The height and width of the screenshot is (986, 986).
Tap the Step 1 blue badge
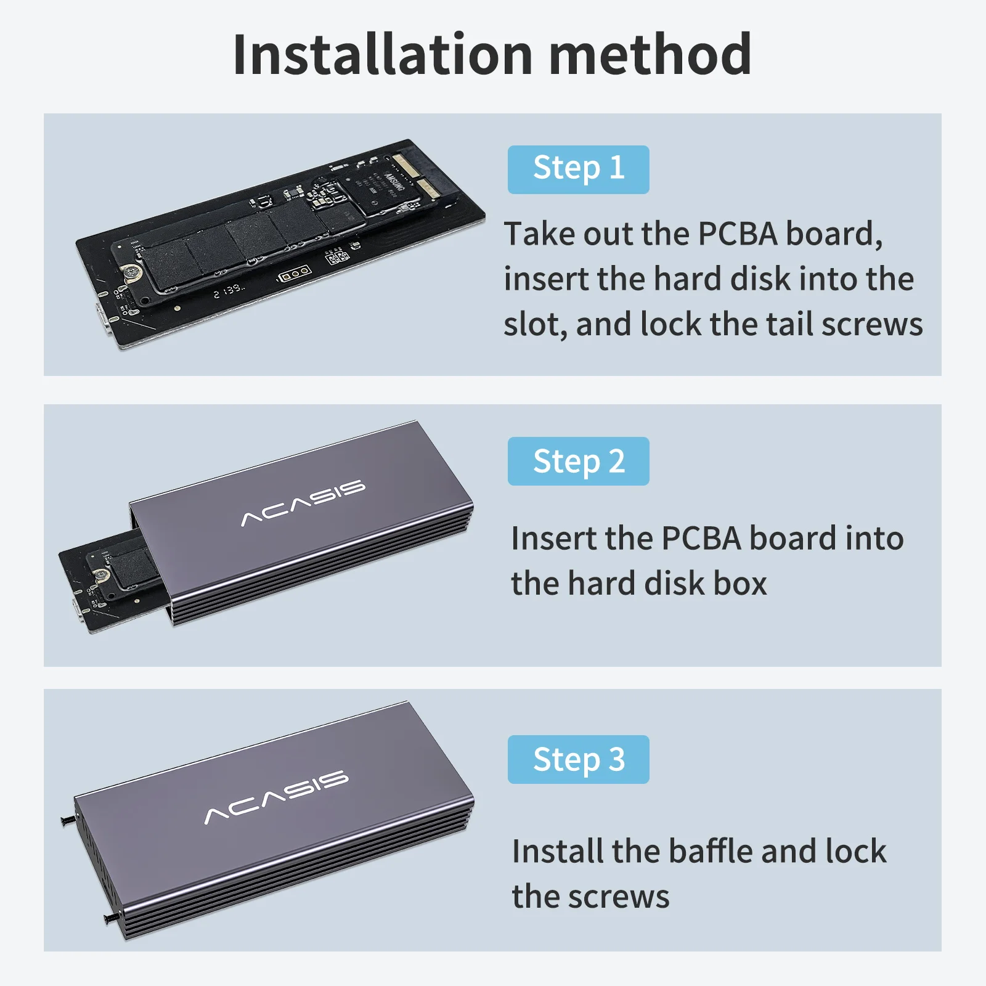(x=578, y=169)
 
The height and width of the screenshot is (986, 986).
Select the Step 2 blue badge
(x=578, y=461)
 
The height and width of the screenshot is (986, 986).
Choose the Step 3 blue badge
(x=578, y=759)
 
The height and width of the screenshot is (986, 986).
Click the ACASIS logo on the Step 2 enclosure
(x=303, y=503)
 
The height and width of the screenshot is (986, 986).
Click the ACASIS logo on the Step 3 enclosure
(x=276, y=797)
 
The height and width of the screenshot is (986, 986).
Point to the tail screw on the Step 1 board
(x=130, y=271)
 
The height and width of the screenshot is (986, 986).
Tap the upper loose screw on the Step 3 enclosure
(x=68, y=820)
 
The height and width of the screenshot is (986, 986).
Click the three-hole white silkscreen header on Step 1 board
(x=294, y=272)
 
